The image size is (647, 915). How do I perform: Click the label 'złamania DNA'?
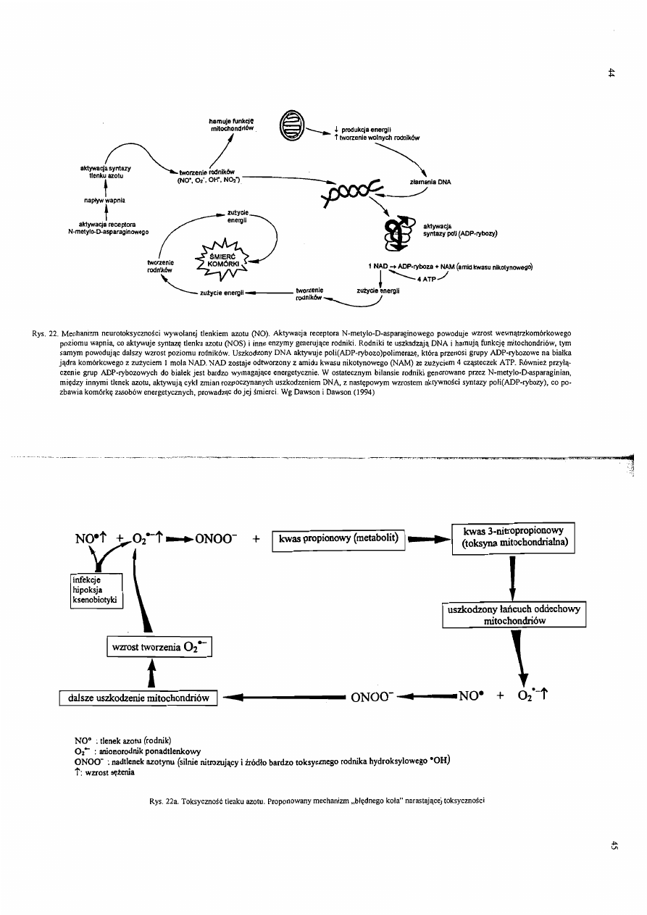435,183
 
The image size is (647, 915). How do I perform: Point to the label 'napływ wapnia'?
108,200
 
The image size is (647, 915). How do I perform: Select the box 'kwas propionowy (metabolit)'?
338,539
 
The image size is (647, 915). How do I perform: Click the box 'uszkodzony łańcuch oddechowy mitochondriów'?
514,615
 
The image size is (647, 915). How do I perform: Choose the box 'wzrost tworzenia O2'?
157,646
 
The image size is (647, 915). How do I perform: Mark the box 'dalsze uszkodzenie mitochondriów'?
138,698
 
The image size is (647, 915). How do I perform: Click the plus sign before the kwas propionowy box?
256,539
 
